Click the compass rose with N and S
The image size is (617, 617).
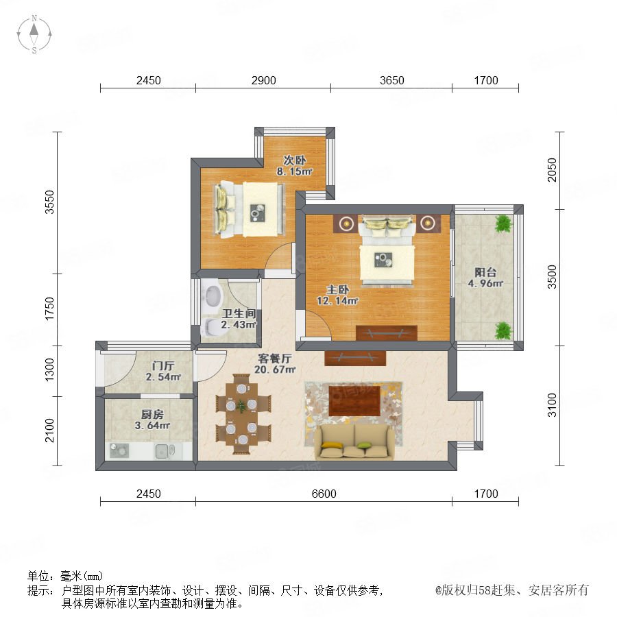click(34, 34)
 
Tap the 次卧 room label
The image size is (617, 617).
click(295, 160)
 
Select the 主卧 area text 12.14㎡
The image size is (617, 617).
click(337, 301)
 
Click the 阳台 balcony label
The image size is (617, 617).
click(485, 272)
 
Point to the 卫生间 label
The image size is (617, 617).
click(239, 313)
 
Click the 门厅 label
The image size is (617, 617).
click(163, 365)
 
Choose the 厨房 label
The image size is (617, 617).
click(152, 414)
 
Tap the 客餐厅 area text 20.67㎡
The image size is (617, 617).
click(275, 370)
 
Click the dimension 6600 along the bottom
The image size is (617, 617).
click(324, 494)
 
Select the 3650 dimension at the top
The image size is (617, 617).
click(392, 80)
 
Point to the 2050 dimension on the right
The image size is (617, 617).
click(553, 170)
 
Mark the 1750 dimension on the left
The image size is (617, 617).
click(49, 309)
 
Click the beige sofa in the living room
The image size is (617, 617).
click(354, 442)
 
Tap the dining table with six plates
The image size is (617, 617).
click(243, 414)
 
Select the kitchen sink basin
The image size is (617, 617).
click(165, 451)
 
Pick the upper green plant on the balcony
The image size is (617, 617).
click(504, 223)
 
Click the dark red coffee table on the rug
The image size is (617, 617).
click(354, 400)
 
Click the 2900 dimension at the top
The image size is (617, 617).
click(264, 80)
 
